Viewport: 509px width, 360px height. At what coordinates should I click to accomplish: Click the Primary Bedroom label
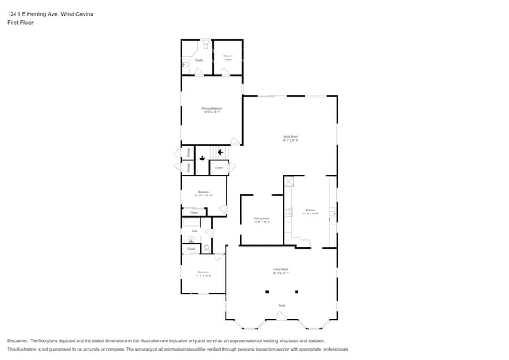211,109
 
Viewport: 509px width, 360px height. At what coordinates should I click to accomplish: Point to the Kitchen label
310,211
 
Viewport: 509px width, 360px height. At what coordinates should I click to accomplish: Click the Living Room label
281,271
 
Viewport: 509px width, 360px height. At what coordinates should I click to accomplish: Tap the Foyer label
281,305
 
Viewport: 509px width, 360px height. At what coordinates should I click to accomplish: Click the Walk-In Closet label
227,57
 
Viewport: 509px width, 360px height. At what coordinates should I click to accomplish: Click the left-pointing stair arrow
221,152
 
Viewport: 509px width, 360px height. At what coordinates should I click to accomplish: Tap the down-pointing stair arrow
202,159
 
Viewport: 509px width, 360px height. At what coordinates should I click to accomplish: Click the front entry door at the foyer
281,316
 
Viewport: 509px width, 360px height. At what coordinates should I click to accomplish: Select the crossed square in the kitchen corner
288,182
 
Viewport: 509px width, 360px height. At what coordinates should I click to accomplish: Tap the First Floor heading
20,23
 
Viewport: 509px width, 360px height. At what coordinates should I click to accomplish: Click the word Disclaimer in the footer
17,341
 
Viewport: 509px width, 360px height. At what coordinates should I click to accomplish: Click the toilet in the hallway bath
206,248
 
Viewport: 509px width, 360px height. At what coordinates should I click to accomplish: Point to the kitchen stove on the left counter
287,211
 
